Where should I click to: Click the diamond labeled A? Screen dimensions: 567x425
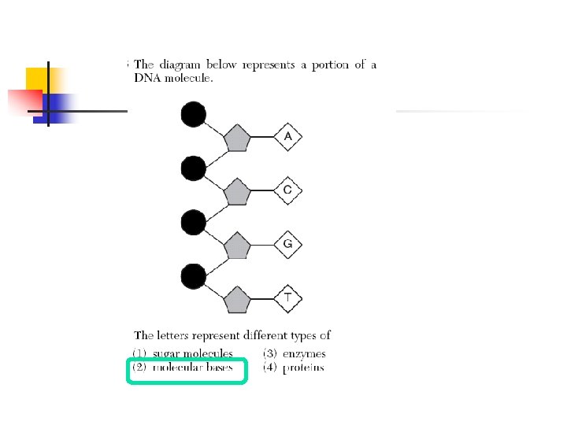288,139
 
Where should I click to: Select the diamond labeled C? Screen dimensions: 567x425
288,190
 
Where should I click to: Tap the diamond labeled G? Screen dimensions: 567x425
288,244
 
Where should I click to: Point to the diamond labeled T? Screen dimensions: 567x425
288,297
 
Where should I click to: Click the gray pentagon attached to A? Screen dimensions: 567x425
236,140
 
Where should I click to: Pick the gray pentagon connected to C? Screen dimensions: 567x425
236,192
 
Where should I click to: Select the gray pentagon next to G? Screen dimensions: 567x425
236,246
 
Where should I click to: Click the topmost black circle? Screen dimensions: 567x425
194,115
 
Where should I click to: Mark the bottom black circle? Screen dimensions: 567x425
194,276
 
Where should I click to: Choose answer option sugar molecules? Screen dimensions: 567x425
193,354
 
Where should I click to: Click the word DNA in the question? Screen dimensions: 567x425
147,77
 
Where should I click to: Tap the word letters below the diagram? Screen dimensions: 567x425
173,335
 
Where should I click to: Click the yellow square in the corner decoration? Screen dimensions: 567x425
37,79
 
